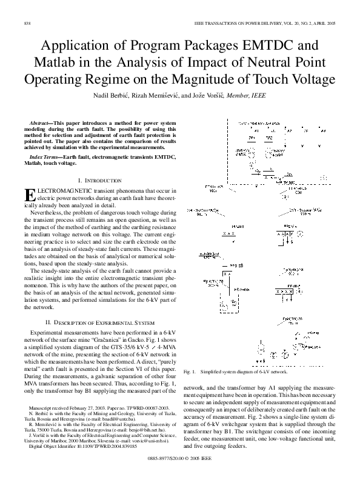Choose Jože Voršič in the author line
coord(224,96)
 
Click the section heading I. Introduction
coord(101,181)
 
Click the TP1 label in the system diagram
coord(252,138)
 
